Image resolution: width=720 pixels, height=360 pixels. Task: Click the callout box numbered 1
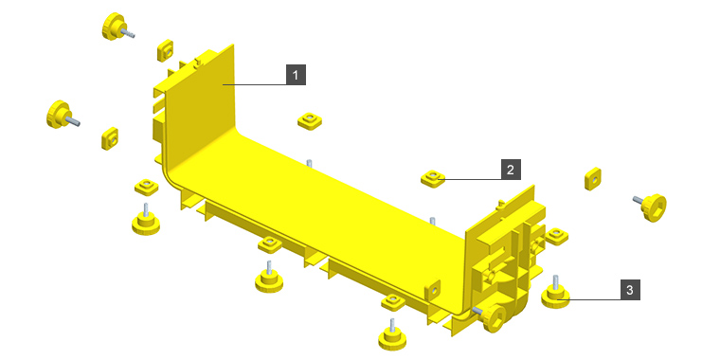296,75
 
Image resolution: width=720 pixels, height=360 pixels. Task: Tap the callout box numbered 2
511,170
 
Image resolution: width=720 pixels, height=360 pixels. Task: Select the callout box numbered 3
630,290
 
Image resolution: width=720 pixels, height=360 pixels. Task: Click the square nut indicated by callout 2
433,178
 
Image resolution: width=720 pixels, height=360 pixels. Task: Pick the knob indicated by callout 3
555,293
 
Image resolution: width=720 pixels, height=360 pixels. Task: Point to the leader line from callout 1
255,84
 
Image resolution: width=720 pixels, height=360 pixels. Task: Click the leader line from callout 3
588,300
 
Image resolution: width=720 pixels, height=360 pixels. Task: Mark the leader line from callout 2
470,179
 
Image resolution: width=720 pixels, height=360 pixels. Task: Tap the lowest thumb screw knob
392,336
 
